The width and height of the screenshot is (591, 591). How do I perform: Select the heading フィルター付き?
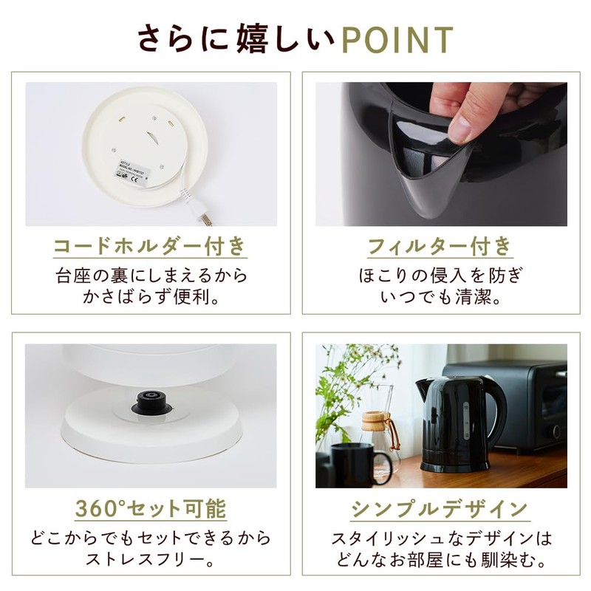pos(441,245)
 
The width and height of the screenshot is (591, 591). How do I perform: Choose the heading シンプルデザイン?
pos(441,508)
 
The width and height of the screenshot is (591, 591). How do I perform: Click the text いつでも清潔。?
pos(441,297)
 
